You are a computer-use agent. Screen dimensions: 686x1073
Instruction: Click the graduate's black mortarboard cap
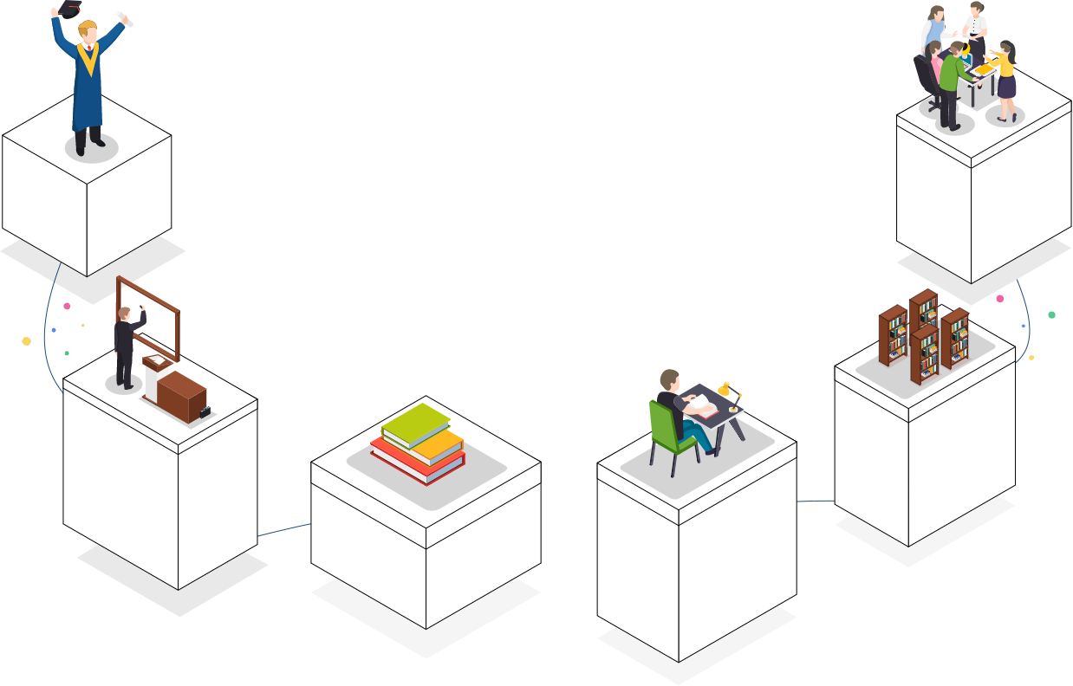68,9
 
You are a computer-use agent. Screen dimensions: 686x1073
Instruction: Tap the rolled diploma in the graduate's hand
126,18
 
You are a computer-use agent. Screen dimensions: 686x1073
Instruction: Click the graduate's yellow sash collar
88,58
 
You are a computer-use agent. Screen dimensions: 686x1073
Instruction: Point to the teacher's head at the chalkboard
124,313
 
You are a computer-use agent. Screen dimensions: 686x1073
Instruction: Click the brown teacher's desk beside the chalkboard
179,395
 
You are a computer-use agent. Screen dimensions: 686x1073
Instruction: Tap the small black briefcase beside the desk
205,412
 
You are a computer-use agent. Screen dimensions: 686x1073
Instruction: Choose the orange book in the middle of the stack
438,446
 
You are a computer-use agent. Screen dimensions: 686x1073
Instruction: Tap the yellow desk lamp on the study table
725,391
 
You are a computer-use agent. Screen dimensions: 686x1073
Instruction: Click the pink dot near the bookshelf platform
999,298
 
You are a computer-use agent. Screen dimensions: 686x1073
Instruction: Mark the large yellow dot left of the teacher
26,341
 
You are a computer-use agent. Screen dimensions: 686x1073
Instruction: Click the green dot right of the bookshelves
1051,314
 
